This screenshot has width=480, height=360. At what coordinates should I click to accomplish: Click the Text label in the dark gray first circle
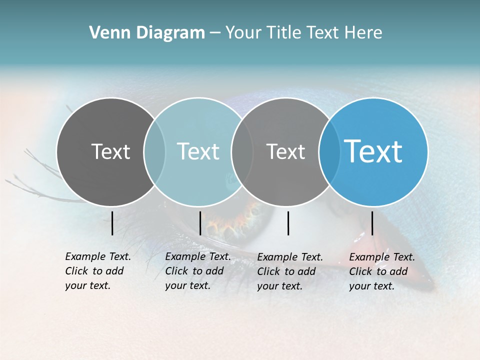click(110, 151)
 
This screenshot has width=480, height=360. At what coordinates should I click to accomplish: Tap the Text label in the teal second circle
click(198, 151)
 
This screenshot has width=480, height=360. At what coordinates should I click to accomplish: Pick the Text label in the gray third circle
click(285, 151)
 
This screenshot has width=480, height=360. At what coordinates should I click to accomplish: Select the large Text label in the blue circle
click(373, 151)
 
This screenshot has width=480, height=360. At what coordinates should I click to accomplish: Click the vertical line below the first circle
click(112, 223)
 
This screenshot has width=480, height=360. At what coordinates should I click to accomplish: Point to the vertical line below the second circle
click(200, 223)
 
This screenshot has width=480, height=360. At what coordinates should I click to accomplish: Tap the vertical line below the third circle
click(288, 223)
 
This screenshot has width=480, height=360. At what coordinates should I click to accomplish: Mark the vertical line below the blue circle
click(372, 223)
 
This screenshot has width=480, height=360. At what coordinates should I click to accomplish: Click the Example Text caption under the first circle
click(98, 271)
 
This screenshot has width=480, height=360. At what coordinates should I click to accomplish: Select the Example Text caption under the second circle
click(198, 271)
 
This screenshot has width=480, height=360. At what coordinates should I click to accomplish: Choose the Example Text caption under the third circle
click(290, 271)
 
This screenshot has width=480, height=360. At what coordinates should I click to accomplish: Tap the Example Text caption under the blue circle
click(382, 271)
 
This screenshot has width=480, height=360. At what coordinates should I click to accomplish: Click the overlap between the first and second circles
click(154, 151)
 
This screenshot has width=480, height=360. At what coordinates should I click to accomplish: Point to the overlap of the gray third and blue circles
click(329, 151)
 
